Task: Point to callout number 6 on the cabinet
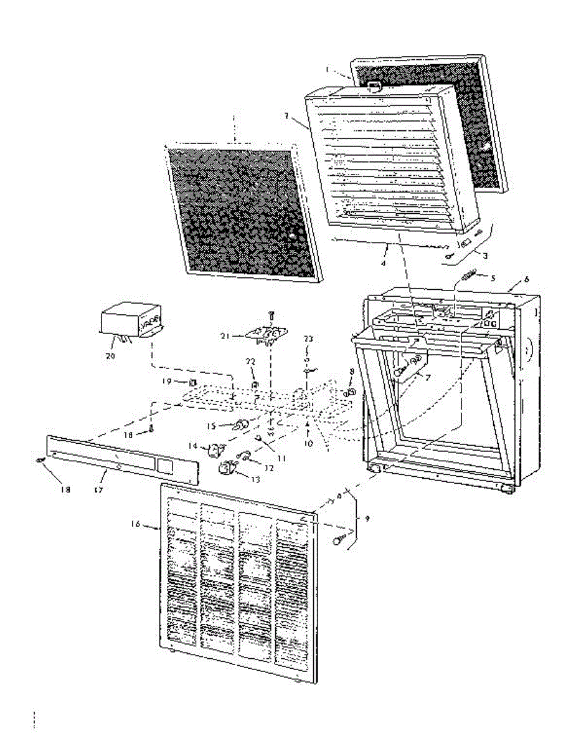526,280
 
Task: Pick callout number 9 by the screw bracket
366,519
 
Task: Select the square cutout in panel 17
164,464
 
